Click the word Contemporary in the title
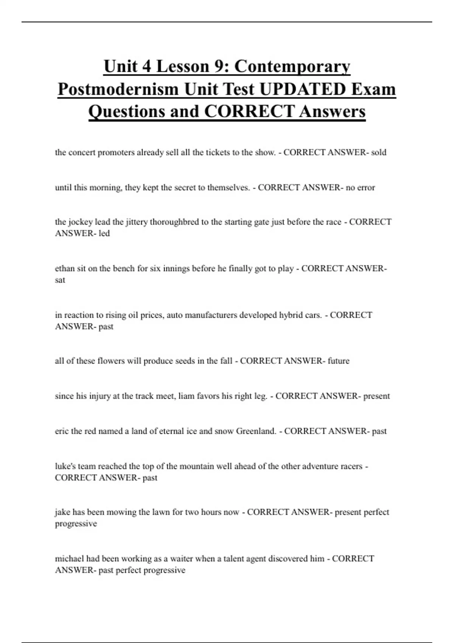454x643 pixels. (x=292, y=67)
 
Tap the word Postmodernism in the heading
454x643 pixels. (x=118, y=90)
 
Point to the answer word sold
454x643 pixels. (x=378, y=152)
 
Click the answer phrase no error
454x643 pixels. (x=360, y=188)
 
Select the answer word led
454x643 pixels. (x=104, y=233)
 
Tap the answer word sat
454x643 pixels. (x=60, y=280)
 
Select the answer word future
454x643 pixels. (x=339, y=361)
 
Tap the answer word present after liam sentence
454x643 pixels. (x=376, y=396)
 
